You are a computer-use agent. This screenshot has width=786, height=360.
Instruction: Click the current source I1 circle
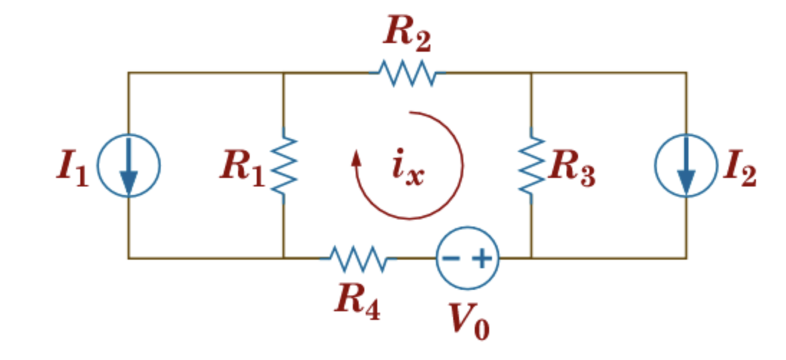coord(128,166)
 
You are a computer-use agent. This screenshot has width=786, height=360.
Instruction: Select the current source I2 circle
coord(686,166)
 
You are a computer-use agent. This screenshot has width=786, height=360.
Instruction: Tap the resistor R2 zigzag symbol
coord(407,73)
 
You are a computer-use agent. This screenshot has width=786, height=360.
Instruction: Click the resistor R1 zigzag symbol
coord(284,166)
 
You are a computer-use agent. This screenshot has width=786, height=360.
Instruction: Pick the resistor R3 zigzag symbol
coord(531,166)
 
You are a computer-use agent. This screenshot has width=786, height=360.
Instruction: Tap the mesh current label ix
coord(407,170)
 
